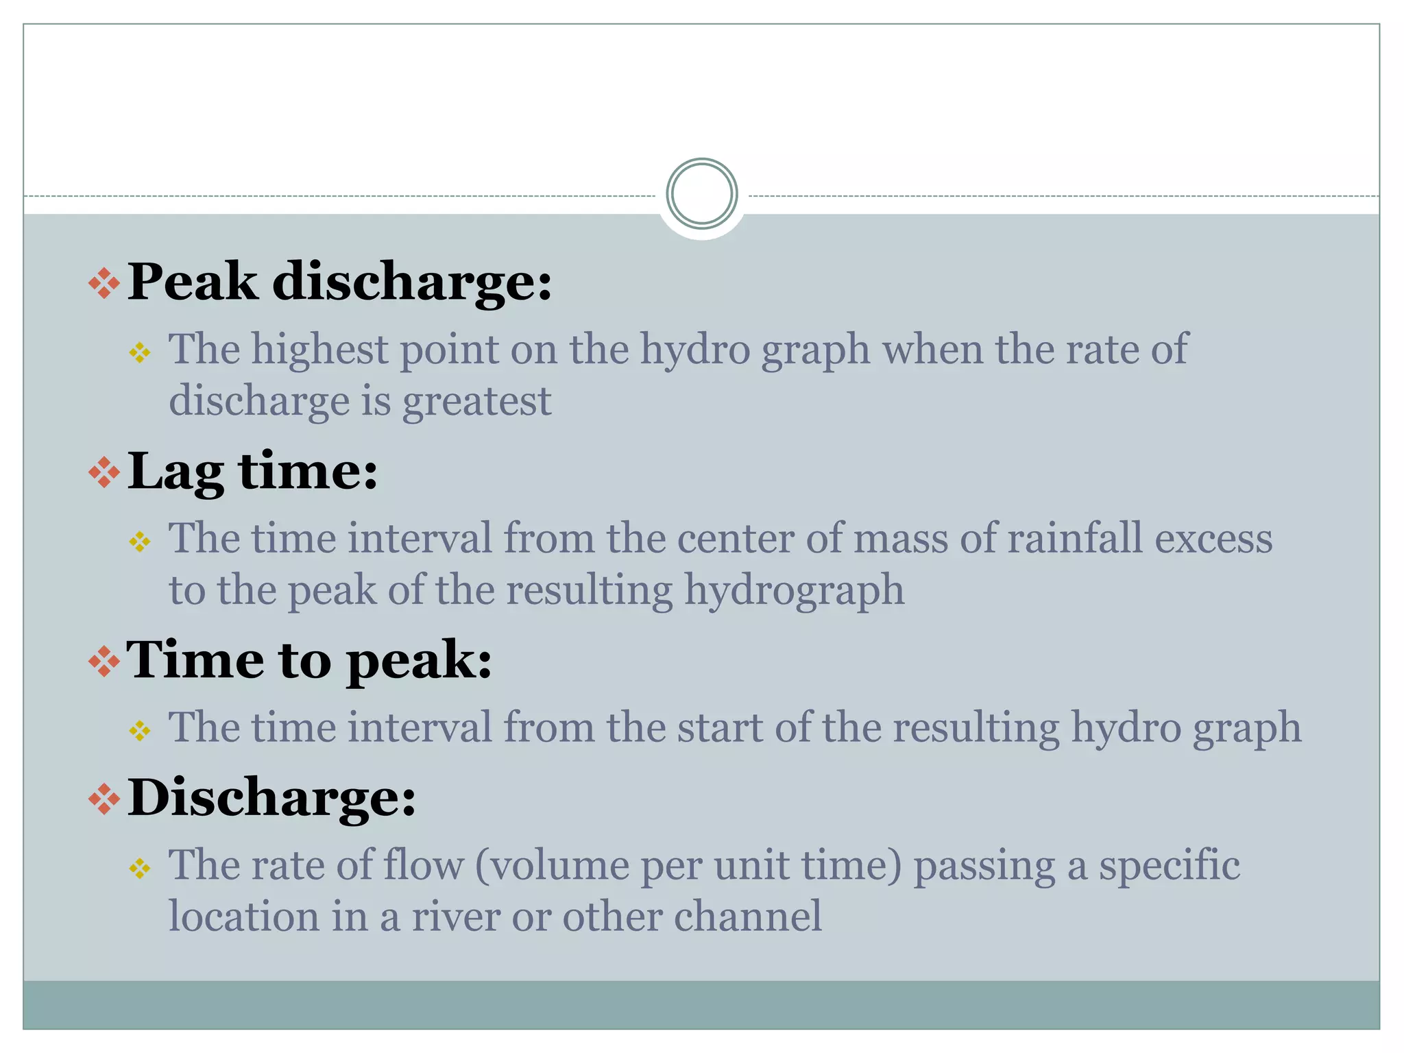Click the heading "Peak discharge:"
click(x=339, y=282)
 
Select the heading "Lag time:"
click(x=252, y=472)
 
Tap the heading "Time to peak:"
click(x=309, y=660)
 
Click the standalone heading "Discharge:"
click(x=271, y=797)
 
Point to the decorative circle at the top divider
click(x=701, y=194)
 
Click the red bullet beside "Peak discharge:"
click(x=104, y=283)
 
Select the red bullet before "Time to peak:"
click(x=104, y=662)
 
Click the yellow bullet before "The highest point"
click(x=140, y=353)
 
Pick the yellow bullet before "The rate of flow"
click(x=140, y=869)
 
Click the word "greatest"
click(x=476, y=401)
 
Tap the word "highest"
click(x=319, y=349)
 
